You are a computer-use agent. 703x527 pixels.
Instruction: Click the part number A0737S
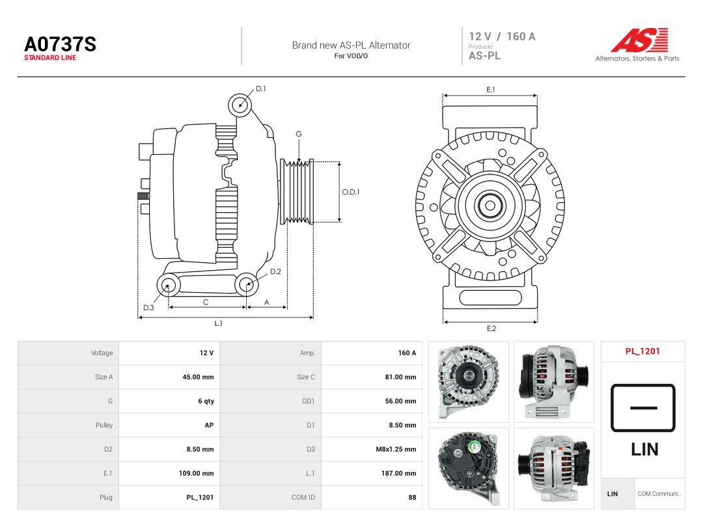click(x=60, y=44)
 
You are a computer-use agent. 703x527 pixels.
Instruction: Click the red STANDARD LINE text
click(x=50, y=58)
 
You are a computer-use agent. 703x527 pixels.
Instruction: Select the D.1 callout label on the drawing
click(x=260, y=88)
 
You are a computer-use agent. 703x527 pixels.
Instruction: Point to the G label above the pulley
click(x=299, y=134)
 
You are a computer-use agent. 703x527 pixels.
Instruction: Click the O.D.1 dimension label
click(x=351, y=192)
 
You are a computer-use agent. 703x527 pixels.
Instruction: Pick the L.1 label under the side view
click(x=218, y=323)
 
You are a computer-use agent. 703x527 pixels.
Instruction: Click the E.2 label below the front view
click(x=491, y=329)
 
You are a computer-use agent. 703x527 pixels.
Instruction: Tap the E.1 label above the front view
click(x=491, y=90)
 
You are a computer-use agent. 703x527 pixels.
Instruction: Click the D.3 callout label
click(x=148, y=307)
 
